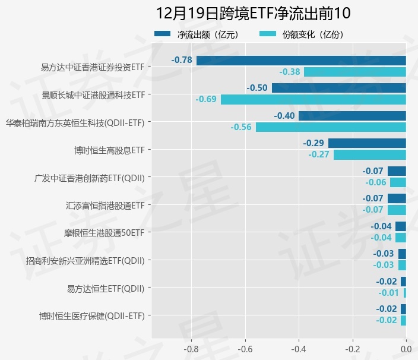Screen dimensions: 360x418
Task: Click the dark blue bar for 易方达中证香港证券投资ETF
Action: pos(301,60)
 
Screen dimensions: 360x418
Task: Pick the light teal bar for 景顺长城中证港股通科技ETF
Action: pos(313,99)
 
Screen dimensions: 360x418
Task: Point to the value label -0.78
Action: pos(182,60)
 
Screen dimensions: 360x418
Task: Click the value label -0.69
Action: pos(206,99)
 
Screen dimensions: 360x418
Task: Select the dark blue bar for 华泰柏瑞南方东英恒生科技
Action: pos(352,116)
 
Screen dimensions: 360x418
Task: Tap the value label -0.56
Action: pos(241,127)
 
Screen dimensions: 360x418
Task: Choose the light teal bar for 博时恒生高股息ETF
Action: pos(369,154)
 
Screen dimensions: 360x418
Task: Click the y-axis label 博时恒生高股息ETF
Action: pos(109,150)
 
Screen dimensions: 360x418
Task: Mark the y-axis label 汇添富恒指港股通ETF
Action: pos(105,206)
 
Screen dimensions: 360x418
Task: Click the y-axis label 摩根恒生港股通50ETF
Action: pos(104,233)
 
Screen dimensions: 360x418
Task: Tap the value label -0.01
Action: pos(388,292)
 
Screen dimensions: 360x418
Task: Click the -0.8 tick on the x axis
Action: pos(191,348)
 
